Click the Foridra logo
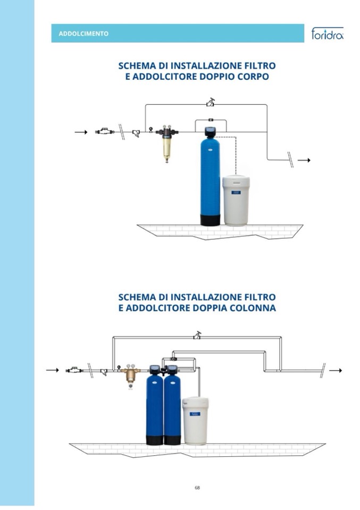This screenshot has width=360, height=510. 327,33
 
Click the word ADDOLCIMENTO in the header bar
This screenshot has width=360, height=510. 83,34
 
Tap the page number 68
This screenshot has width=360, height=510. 197,488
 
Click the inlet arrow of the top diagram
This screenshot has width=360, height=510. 81,132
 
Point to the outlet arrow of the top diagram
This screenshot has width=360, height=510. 304,160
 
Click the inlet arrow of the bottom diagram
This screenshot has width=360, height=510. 53,370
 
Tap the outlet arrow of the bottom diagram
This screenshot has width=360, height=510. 336,371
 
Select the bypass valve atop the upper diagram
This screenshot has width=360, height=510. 211,103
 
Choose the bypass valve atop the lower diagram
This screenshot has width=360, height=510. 197,336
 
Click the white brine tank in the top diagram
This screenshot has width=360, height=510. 236,200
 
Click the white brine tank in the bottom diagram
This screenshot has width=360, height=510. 195,421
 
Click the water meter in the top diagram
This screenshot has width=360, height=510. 104,131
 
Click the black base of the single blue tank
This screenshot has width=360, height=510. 210,220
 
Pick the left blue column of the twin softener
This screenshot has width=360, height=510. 154,408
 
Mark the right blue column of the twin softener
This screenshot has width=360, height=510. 172,408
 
